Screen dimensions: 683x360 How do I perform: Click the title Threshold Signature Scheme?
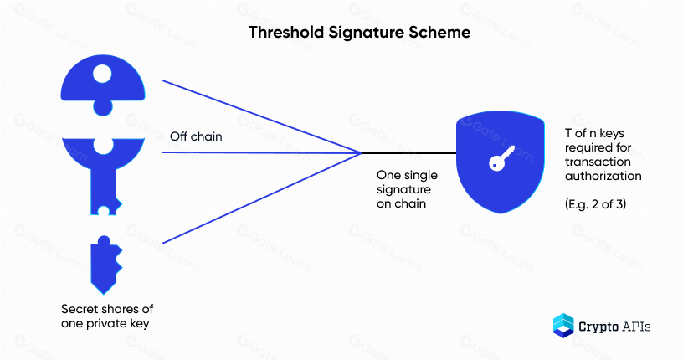tap(359, 33)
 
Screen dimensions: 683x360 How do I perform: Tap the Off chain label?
tap(196, 136)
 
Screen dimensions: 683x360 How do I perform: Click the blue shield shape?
tap(500, 162)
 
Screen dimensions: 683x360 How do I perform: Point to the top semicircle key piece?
tap(103, 85)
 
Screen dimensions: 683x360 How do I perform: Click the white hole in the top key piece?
tap(102, 74)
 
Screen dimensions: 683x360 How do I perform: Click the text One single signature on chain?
tap(408, 189)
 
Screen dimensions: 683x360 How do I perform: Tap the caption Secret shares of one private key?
tap(107, 316)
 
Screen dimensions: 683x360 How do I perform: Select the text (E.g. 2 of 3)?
tap(595, 204)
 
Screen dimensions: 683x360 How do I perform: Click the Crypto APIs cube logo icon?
tap(563, 326)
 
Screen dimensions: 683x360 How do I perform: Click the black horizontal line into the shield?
tap(408, 153)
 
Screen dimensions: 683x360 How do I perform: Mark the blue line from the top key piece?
tap(262, 117)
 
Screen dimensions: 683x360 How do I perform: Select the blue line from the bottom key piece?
tap(262, 198)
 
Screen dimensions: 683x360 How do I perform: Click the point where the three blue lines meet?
tap(361, 153)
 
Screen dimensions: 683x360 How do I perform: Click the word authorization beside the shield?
tap(603, 176)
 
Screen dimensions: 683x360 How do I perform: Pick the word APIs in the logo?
tap(637, 326)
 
